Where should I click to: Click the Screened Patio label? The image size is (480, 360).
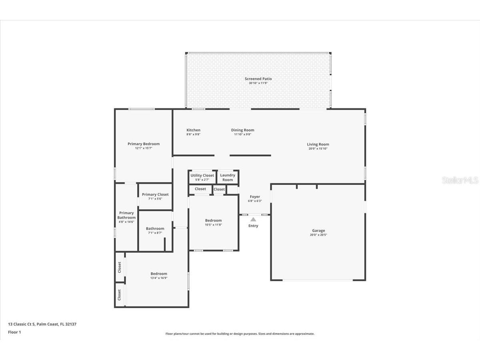click(258, 79)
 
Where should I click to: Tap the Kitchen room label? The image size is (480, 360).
click(193, 130)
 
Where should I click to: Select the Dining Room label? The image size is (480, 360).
click(242, 130)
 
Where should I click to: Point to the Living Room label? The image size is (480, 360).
click(318, 144)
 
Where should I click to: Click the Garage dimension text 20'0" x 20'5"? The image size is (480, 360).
click(318, 235)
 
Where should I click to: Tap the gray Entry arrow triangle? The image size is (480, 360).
click(253, 219)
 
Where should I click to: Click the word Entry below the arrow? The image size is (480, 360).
click(253, 226)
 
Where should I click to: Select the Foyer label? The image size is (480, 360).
click(255, 197)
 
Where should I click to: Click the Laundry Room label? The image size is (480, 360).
click(228, 178)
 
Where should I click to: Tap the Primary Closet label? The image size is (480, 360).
click(155, 194)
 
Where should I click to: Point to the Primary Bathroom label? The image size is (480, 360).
click(126, 215)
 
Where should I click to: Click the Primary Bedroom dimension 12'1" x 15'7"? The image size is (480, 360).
click(144, 148)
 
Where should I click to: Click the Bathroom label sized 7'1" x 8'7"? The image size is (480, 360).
click(155, 229)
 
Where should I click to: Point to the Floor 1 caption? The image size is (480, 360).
click(14, 332)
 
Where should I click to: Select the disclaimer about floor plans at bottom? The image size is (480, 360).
click(240, 334)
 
